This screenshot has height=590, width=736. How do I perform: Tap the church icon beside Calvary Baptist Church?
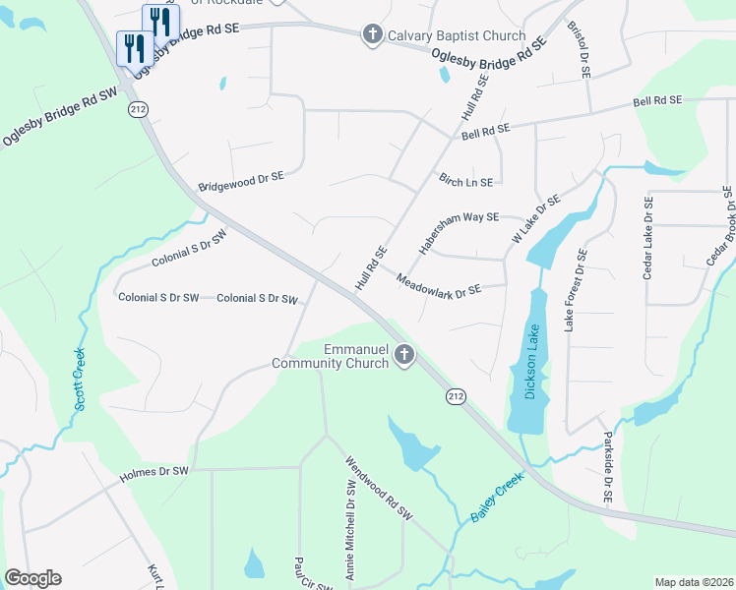372,35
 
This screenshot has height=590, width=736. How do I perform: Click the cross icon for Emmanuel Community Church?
403,355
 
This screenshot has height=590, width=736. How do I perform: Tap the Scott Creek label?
80,380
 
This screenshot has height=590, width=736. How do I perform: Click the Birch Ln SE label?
465,182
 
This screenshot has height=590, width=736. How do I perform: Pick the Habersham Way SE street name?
459,233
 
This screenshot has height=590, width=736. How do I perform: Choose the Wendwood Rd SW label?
378,492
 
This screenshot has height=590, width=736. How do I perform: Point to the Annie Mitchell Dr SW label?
349,531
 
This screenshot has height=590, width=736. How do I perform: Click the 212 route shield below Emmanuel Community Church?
454,395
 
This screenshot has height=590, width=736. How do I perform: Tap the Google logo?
32,578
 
